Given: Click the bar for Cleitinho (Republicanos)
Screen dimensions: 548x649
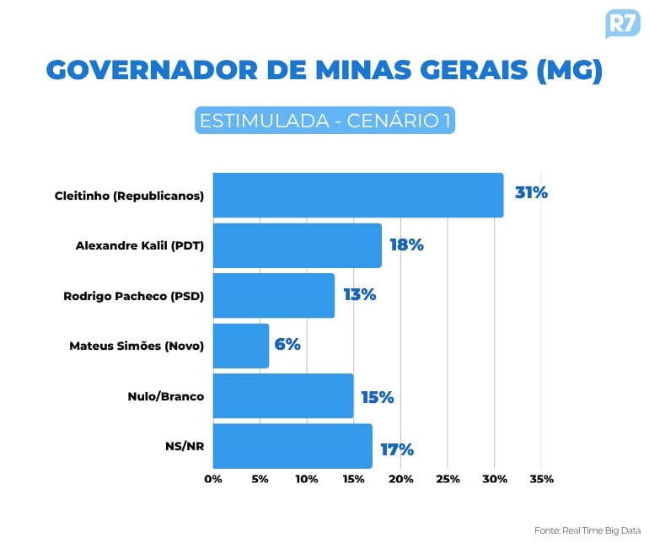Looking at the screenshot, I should pos(357,196).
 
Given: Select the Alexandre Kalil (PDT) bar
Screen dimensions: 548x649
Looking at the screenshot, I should pos(297,245).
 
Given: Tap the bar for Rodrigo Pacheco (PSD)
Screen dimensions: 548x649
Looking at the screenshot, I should pos(273,295).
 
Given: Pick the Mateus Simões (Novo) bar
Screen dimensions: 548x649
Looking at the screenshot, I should pos(240,346).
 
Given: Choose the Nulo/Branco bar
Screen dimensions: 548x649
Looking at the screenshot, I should pos(282,396).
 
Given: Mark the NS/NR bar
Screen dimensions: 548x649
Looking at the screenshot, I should pos(292,446).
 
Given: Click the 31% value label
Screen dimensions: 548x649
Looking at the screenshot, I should pos(531,193).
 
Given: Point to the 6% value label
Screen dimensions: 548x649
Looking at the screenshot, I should pos(287,344).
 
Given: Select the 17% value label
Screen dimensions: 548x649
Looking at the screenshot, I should pos(396,449).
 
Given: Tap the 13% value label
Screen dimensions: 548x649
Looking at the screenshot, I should pos(359,295).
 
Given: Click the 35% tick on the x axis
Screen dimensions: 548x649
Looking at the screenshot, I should pos(541,479).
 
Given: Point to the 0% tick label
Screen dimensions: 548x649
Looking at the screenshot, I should pos(213,479).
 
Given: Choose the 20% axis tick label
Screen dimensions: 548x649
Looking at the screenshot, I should pos(400,479).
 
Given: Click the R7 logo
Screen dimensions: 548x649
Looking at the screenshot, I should pos(622,23).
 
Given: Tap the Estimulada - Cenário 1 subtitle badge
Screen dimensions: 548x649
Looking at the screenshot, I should pos(324,121).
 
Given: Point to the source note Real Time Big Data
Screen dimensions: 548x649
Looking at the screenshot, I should pos(587,530).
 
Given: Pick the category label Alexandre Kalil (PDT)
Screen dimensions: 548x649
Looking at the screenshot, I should pos(140,246).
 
